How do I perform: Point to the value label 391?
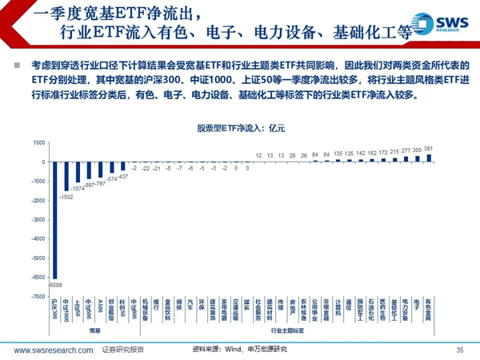[429, 149]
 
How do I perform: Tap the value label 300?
[418, 150]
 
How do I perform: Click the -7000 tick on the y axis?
[38, 296]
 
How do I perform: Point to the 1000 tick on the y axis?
[39, 142]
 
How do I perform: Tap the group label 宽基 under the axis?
[94, 330]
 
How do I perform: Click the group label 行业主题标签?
[286, 330]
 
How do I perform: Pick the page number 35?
[459, 350]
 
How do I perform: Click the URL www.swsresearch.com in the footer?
[50, 350]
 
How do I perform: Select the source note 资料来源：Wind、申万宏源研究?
[239, 350]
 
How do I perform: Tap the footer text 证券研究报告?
[123, 350]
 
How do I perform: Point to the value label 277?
[406, 150]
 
